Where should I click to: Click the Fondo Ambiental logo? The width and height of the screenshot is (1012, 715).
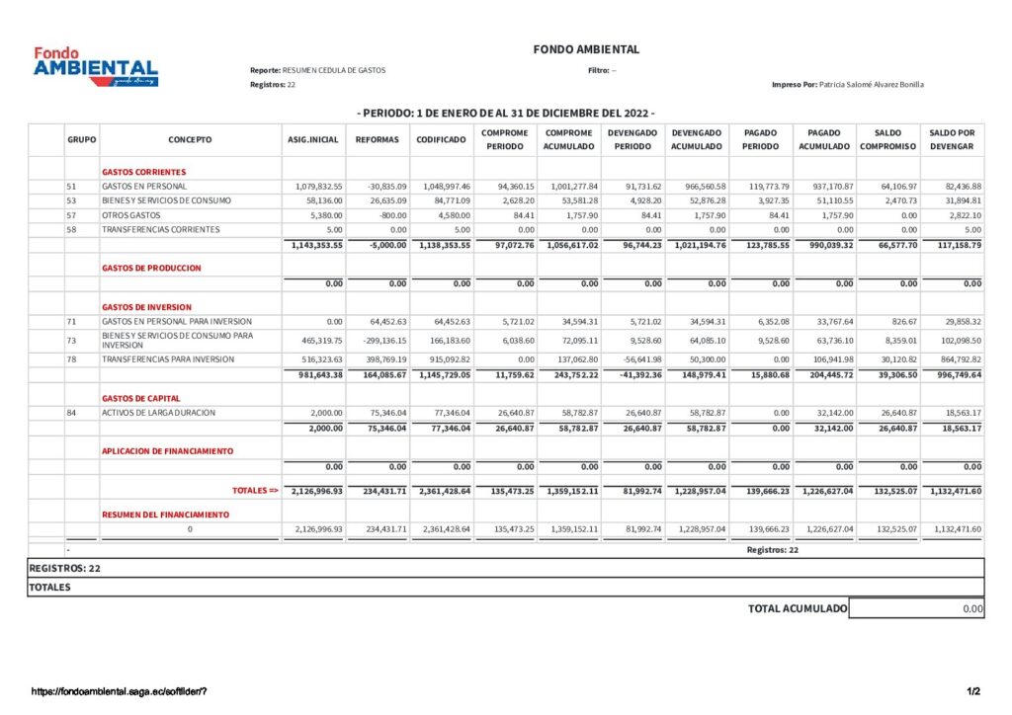click(95, 66)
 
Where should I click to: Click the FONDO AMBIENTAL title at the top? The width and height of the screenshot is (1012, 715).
click(586, 49)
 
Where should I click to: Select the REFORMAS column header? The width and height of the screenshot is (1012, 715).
click(378, 139)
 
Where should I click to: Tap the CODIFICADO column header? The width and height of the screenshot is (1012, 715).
click(441, 139)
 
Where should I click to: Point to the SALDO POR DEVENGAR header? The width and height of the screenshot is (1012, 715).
click(952, 139)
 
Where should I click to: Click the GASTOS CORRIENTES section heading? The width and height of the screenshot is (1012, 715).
click(143, 172)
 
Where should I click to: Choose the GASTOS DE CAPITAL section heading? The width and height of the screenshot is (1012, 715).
click(140, 398)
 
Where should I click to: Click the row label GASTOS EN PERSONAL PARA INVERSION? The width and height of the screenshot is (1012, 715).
click(176, 321)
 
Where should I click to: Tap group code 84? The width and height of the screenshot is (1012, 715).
click(71, 413)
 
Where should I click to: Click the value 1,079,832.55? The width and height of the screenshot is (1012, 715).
click(318, 186)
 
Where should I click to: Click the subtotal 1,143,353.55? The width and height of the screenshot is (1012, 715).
click(317, 244)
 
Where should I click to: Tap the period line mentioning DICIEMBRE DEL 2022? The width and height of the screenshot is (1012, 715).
click(506, 113)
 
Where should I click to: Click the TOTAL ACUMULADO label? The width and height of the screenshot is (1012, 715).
click(797, 609)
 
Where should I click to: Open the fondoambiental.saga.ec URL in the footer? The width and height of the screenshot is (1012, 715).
click(119, 690)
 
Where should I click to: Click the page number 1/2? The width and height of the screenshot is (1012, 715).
click(973, 690)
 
